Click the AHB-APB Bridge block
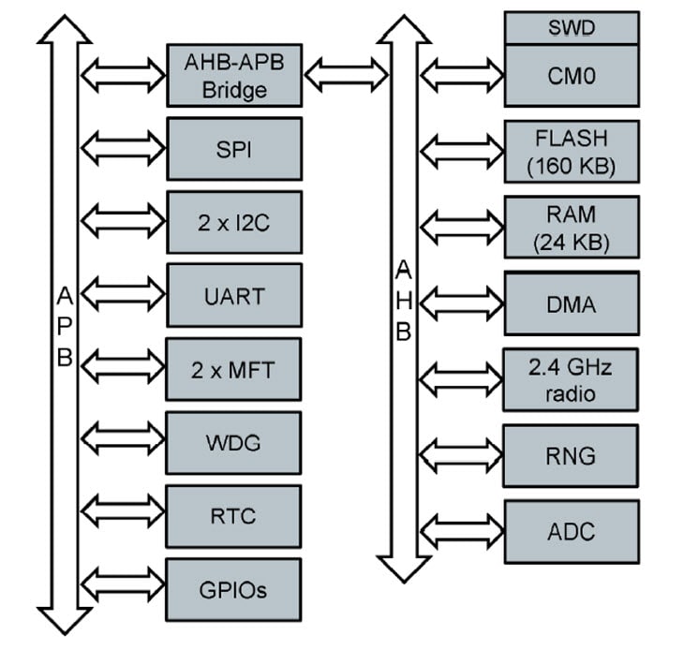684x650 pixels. coord(234,75)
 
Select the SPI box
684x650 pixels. coord(234,148)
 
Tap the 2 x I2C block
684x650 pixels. coord(234,222)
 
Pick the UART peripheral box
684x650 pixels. coord(234,295)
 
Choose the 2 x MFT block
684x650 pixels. coord(234,369)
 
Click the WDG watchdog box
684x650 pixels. coord(234,442)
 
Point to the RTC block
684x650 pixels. coord(234,516)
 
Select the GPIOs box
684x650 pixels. coord(234,590)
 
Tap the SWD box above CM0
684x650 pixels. coord(572,27)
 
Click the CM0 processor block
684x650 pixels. coord(572,76)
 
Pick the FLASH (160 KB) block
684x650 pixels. coord(572,152)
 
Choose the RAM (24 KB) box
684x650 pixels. coord(572,228)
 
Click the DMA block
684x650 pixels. coord(572,303)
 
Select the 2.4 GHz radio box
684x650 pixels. coord(572,379)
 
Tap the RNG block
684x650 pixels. coord(572,455)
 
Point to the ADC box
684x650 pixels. coord(572,531)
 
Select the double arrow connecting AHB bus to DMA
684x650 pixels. coord(461,303)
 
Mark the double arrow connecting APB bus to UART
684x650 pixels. coord(123,295)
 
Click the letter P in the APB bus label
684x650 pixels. coord(65,327)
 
